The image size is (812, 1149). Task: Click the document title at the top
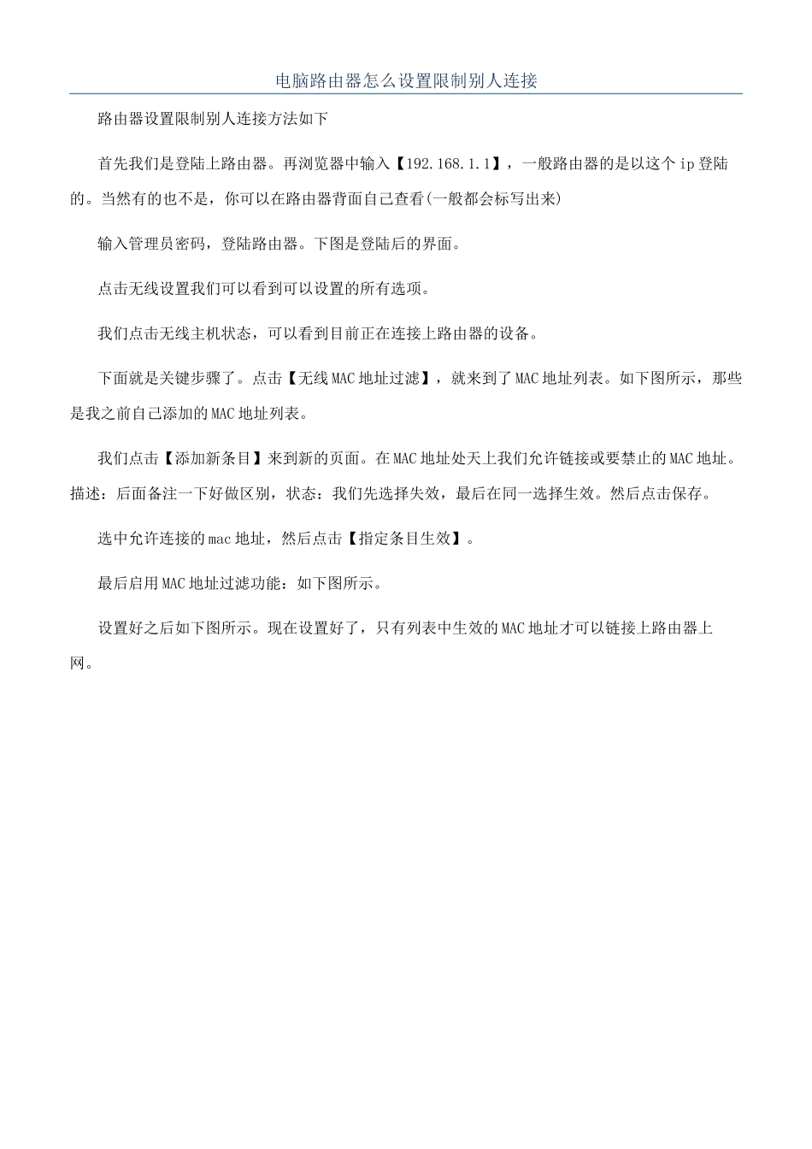pyautogui.click(x=406, y=81)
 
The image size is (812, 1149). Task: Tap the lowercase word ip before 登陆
pyautogui.click(x=686, y=163)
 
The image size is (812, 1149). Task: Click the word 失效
pyautogui.click(x=427, y=494)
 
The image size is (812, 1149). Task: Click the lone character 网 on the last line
pyautogui.click(x=77, y=663)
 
